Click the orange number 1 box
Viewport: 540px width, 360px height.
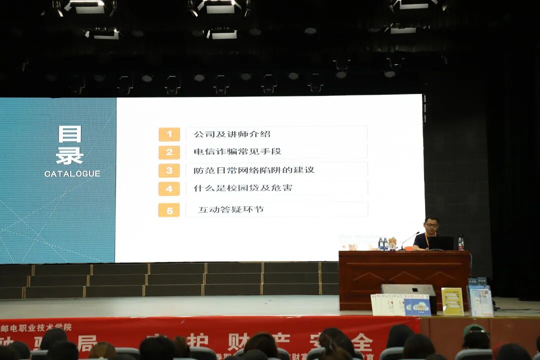(x=169, y=134)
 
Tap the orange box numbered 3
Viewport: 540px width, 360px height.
(x=169, y=170)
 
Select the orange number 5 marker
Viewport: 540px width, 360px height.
(x=169, y=210)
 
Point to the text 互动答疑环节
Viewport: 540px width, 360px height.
(x=230, y=209)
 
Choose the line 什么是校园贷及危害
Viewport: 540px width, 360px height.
(x=243, y=188)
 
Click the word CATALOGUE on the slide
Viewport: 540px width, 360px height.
(x=72, y=174)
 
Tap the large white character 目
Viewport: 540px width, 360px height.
(x=69, y=134)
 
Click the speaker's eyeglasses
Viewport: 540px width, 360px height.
(x=431, y=224)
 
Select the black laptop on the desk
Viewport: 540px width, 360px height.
(x=440, y=243)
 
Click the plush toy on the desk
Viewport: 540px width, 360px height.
(x=392, y=243)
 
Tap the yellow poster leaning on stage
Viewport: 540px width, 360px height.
(x=452, y=301)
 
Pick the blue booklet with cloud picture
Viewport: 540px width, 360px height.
(x=417, y=304)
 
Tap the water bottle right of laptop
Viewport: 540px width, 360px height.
(x=460, y=243)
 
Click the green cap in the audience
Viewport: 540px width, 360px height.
(x=474, y=330)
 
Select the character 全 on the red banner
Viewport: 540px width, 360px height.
(x=361, y=343)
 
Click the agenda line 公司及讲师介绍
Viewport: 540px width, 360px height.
(x=231, y=134)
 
